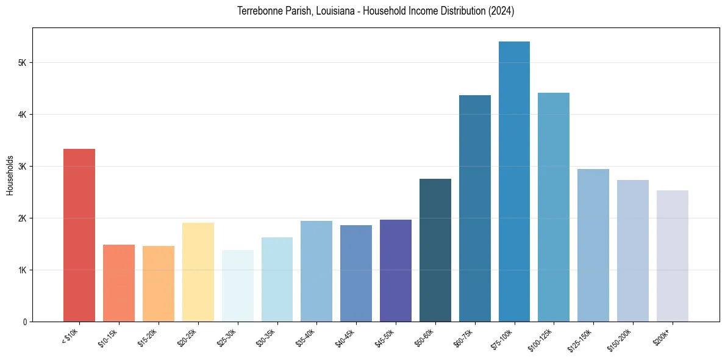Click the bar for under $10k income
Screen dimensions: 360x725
[79, 235]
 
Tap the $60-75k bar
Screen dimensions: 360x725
[474, 208]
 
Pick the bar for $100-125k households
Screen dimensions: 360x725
[554, 207]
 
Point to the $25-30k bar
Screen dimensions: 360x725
[237, 286]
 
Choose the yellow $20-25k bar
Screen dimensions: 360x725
[198, 272]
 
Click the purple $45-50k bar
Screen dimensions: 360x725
[396, 270]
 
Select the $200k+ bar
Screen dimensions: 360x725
[672, 256]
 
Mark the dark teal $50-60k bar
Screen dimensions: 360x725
[435, 250]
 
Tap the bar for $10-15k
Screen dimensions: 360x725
[119, 283]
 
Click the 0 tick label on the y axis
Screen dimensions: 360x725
[24, 322]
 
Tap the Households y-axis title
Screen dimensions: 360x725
[10, 176]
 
